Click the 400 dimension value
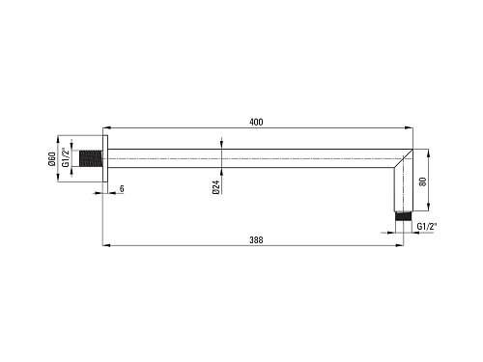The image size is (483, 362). point(256,122)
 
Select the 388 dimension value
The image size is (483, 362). point(256,240)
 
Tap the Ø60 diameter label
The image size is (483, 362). point(52,159)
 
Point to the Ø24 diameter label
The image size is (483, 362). point(216,187)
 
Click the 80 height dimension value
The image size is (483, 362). point(423,181)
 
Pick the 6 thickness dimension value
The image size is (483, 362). point(122,188)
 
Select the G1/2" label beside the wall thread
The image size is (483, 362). point(66,157)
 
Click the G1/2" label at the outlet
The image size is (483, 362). point(427,227)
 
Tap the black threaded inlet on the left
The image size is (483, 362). point(91,158)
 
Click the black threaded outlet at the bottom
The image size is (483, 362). point(404,216)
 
